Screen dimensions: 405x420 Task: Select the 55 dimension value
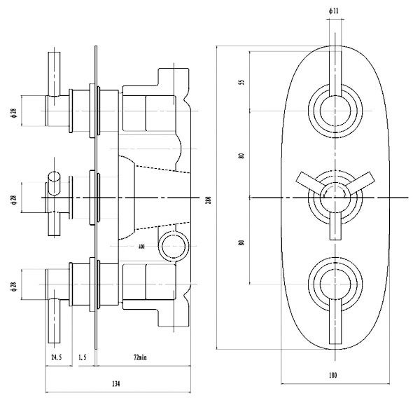[241, 83]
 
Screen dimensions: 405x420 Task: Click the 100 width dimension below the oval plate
[331, 376]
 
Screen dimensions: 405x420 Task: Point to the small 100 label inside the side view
[141, 247]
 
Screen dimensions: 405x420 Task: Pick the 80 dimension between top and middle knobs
[241, 156]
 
